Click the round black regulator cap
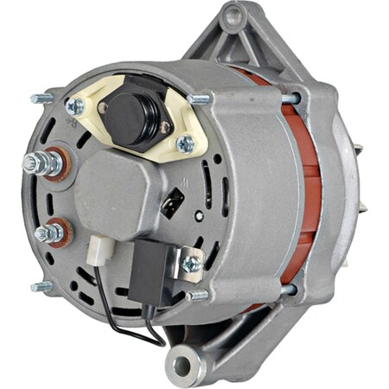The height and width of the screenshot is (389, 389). pos(131,111)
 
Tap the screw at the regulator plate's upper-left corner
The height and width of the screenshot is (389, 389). pos(75,105)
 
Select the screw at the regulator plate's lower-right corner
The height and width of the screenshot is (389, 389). pos(184,143)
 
